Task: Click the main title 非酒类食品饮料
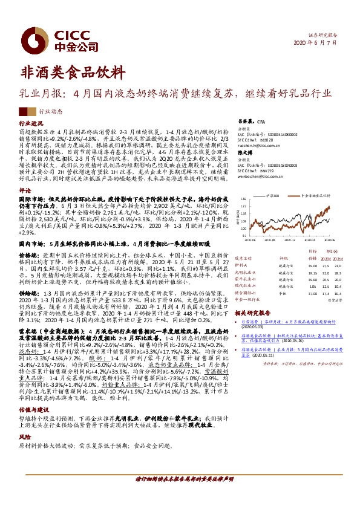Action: (65, 71)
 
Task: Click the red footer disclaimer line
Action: (180, 494)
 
